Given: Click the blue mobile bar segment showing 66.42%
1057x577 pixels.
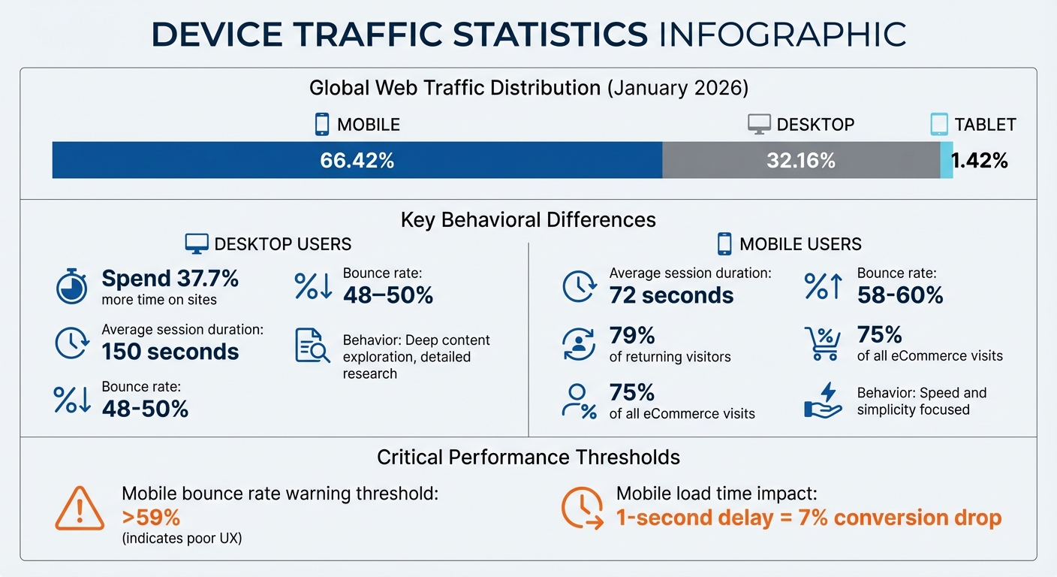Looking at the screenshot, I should click(357, 160).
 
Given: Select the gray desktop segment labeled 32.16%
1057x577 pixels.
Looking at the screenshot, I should click(800, 160).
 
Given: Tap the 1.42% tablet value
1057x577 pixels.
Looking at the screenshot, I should click(979, 160).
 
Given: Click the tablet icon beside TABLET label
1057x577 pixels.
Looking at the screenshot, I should click(938, 124).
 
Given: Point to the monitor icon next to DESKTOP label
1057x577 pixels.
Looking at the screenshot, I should click(759, 124).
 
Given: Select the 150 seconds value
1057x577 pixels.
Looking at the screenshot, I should click(170, 352).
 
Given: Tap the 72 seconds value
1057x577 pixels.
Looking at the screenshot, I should click(671, 295).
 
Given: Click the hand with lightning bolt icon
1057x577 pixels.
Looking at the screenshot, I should click(822, 400).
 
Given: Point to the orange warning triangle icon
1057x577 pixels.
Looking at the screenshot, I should click(80, 509).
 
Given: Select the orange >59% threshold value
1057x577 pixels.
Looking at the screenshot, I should click(151, 518).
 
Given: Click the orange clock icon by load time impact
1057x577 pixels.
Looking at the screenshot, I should click(582, 509).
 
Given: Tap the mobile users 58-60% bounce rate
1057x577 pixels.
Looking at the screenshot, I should click(899, 295).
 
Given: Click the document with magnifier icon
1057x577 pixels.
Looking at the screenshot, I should click(312, 346).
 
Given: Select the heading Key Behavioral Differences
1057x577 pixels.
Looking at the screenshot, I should click(528, 219).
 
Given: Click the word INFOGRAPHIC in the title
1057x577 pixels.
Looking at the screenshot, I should click(781, 35).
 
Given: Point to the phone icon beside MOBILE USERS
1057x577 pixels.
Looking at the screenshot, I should click(724, 243).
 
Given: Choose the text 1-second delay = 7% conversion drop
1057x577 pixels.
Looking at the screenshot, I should click(809, 518).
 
